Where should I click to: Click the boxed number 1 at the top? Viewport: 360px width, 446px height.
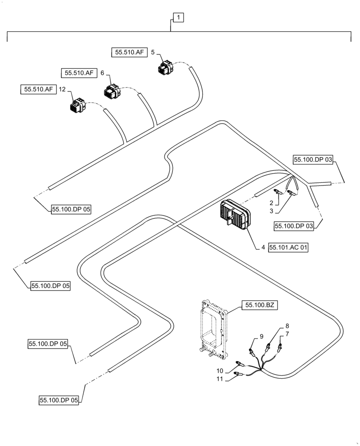tap(178, 18)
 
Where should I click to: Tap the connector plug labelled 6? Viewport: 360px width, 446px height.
tap(112, 91)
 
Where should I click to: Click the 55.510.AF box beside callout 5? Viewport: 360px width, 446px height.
tap(129, 53)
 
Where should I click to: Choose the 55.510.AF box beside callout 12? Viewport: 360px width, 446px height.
tap(37, 90)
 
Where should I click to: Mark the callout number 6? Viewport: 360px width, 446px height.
tap(102, 73)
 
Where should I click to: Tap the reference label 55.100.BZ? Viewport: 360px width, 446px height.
tap(260, 306)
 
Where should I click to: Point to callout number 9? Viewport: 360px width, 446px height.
tap(262, 336)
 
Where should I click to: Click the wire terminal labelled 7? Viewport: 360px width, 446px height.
tap(281, 347)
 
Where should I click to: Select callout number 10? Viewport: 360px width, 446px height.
tap(220, 371)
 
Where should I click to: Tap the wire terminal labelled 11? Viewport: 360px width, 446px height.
tap(237, 374)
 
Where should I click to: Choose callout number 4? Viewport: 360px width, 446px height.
tap(263, 247)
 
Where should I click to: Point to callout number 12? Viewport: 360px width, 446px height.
tap(62, 90)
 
